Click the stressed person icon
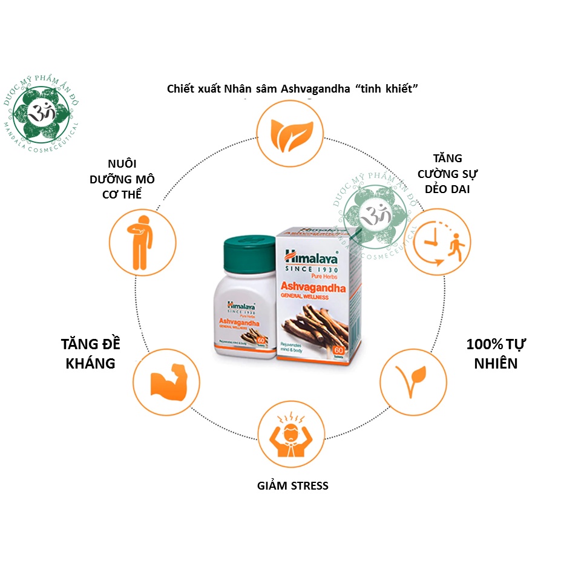pyautogui.click(x=287, y=434)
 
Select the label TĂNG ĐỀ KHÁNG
pyautogui.click(x=91, y=353)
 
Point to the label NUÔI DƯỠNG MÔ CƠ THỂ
pyautogui.click(x=131, y=179)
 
